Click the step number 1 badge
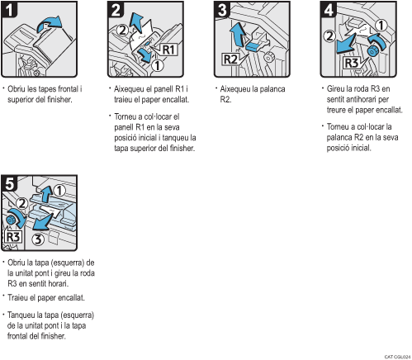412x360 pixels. pyautogui.click(x=10, y=11)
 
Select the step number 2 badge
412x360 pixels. pyautogui.click(x=116, y=11)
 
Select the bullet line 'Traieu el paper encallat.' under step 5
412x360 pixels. pyautogui.click(x=42, y=297)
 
